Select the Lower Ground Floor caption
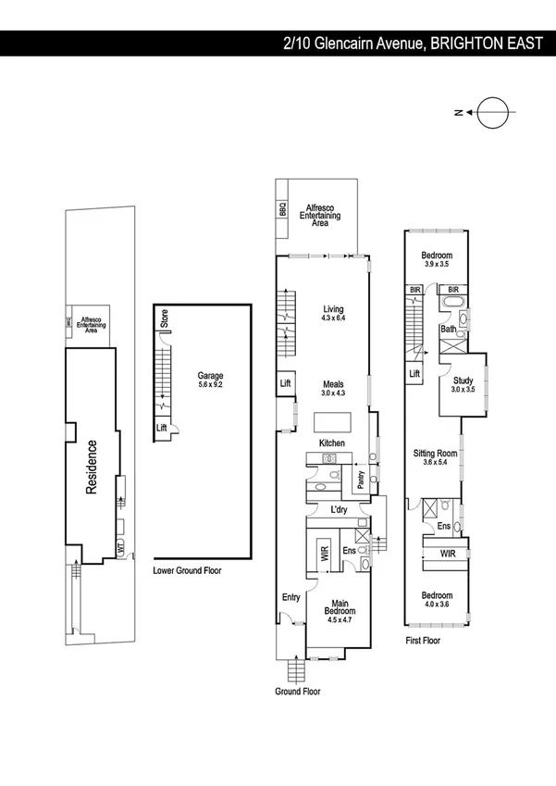click(x=187, y=571)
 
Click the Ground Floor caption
click(x=298, y=692)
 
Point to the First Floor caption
click(x=423, y=640)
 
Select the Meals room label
click(x=333, y=388)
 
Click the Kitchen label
click(x=331, y=444)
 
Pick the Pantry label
click(x=360, y=480)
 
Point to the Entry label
click(x=290, y=597)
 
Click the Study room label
click(x=463, y=384)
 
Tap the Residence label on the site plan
click(x=92, y=468)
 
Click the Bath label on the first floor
click(x=448, y=330)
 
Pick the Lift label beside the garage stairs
click(x=162, y=428)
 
